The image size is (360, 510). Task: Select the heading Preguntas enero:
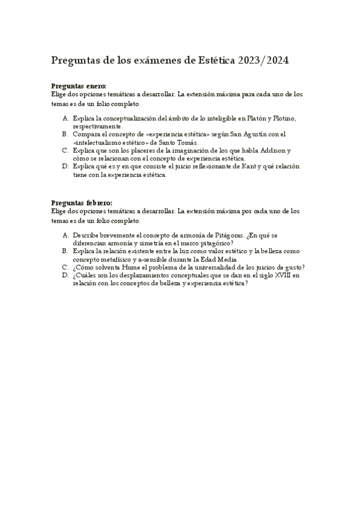(x=79, y=87)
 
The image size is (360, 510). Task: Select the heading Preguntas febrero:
(x=82, y=203)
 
